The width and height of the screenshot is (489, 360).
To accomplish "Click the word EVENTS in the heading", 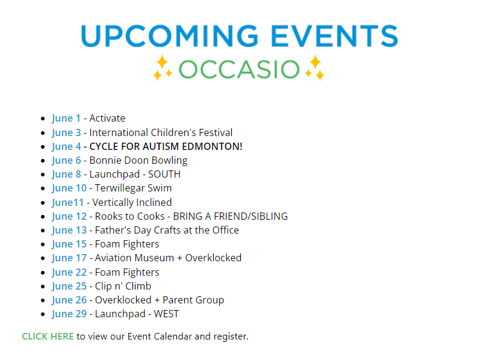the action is (334, 36).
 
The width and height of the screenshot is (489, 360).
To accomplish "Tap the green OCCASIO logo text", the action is (239, 69).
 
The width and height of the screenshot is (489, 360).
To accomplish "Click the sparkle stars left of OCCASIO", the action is (162, 67).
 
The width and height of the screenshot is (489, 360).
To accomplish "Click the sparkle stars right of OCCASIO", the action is (315, 67).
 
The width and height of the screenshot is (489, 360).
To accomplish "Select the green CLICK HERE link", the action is (48, 337).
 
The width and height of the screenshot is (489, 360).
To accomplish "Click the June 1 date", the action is (66, 119).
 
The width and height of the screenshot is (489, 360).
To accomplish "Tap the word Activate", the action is (107, 118).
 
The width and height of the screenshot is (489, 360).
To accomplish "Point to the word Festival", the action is (216, 132).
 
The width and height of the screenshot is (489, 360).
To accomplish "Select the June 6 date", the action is (66, 161).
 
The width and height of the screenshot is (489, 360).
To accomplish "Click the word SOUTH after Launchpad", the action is (164, 174).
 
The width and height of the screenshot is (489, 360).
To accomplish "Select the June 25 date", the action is (69, 287).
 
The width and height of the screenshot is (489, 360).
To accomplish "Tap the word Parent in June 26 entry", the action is (176, 300).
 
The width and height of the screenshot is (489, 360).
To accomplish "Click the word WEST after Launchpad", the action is (167, 314).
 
